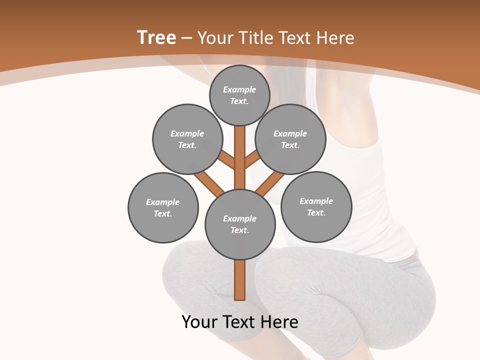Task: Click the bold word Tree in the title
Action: (156, 37)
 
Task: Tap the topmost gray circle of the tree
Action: (239, 95)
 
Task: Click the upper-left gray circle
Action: (187, 139)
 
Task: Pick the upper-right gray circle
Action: (290, 139)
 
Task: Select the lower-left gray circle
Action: (163, 207)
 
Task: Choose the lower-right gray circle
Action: (316, 206)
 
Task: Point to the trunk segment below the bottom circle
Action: (240, 280)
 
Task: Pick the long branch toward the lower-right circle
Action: (270, 184)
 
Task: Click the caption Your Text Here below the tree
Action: (240, 321)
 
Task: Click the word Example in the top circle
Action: (239, 89)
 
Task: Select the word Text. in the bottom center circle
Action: (239, 230)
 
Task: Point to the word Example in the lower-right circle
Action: (316, 201)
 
